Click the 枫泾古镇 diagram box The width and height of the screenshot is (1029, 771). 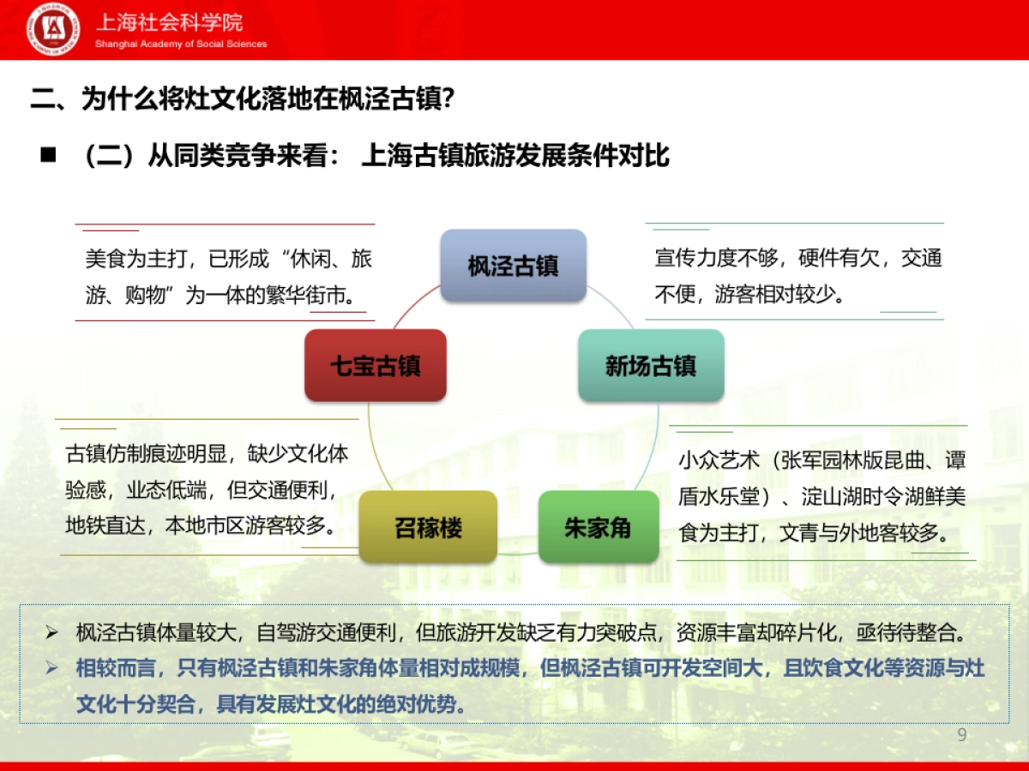pyautogui.click(x=513, y=266)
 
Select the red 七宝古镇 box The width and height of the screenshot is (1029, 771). pyautogui.click(x=376, y=366)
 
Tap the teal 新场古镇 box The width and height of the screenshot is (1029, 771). pyautogui.click(x=651, y=366)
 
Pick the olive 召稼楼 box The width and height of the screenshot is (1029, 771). pyautogui.click(x=428, y=527)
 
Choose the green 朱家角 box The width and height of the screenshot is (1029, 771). pyautogui.click(x=598, y=527)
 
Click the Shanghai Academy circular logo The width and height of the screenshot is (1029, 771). pyautogui.click(x=54, y=30)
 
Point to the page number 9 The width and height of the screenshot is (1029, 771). pyautogui.click(x=961, y=735)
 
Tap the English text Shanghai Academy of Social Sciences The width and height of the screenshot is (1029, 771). pyautogui.click(x=181, y=44)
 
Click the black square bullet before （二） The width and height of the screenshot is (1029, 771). pyautogui.click(x=48, y=155)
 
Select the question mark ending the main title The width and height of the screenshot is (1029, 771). pyautogui.click(x=447, y=100)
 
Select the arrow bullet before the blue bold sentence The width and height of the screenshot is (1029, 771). pyautogui.click(x=52, y=668)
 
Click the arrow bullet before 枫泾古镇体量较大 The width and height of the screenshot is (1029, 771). pyautogui.click(x=52, y=634)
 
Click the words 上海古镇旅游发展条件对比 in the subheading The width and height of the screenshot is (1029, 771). pyautogui.click(x=515, y=155)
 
